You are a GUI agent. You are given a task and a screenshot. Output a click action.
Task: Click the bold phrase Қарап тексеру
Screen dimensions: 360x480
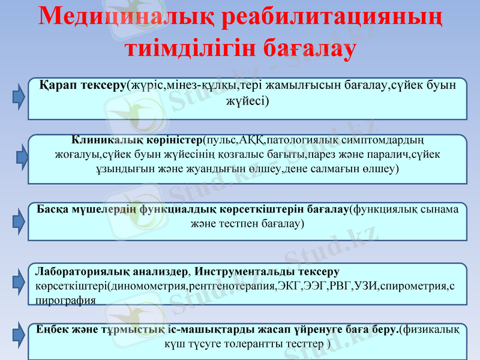coord(83,85)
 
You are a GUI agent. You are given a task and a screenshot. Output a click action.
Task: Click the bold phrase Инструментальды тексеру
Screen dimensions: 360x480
coord(267,271)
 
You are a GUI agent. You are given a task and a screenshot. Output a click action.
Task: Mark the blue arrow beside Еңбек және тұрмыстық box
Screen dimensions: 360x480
coord(19,340)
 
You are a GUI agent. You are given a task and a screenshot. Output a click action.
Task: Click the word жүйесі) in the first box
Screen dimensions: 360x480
coord(247,100)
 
